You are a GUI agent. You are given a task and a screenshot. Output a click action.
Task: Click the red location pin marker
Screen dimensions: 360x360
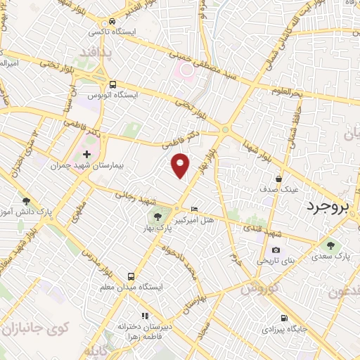click(181, 165)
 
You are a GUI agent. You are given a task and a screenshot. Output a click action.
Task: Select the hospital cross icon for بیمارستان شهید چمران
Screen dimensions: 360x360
click(86, 154)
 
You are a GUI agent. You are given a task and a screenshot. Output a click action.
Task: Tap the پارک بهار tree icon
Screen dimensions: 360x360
click(157, 216)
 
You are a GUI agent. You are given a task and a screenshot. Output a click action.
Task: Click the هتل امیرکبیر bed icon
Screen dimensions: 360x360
click(195, 209)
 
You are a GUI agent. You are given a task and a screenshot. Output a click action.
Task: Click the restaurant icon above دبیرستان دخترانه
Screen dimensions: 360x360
click(144, 316)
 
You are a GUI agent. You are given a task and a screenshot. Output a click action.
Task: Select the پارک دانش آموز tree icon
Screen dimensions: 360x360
click(26, 201)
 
